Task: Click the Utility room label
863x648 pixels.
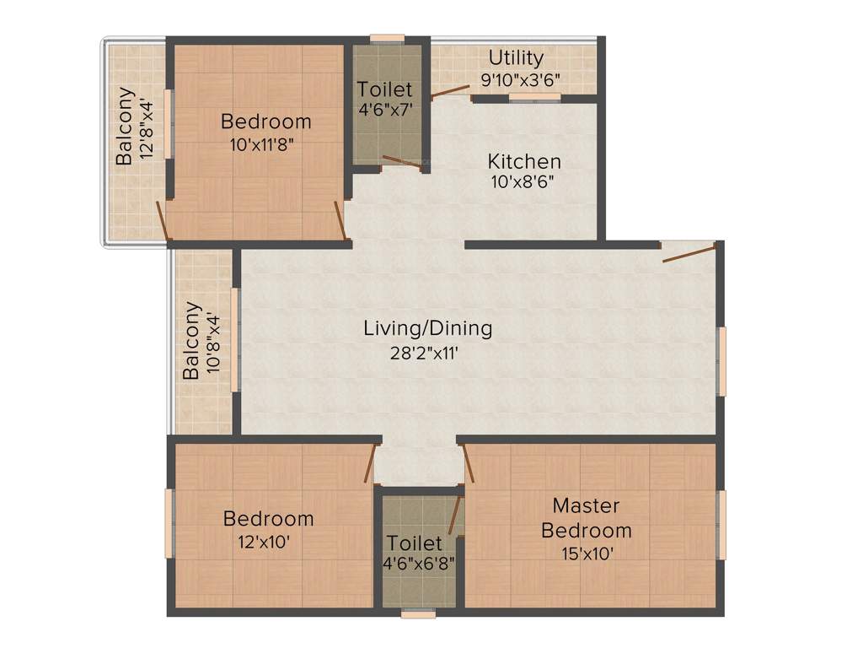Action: (x=516, y=58)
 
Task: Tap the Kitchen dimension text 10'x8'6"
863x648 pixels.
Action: (x=523, y=181)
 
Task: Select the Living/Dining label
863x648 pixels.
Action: (x=427, y=328)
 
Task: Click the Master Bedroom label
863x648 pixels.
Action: (x=586, y=518)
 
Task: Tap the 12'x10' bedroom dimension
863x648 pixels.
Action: (x=268, y=543)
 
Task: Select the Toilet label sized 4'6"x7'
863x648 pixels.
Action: (x=384, y=89)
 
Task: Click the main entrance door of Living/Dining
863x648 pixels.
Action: (x=689, y=252)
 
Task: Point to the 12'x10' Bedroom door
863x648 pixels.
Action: (x=369, y=464)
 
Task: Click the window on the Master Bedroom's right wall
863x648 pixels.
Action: (x=721, y=525)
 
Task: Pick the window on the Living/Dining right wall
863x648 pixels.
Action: (x=721, y=361)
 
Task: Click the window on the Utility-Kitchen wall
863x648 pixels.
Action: (x=534, y=97)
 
